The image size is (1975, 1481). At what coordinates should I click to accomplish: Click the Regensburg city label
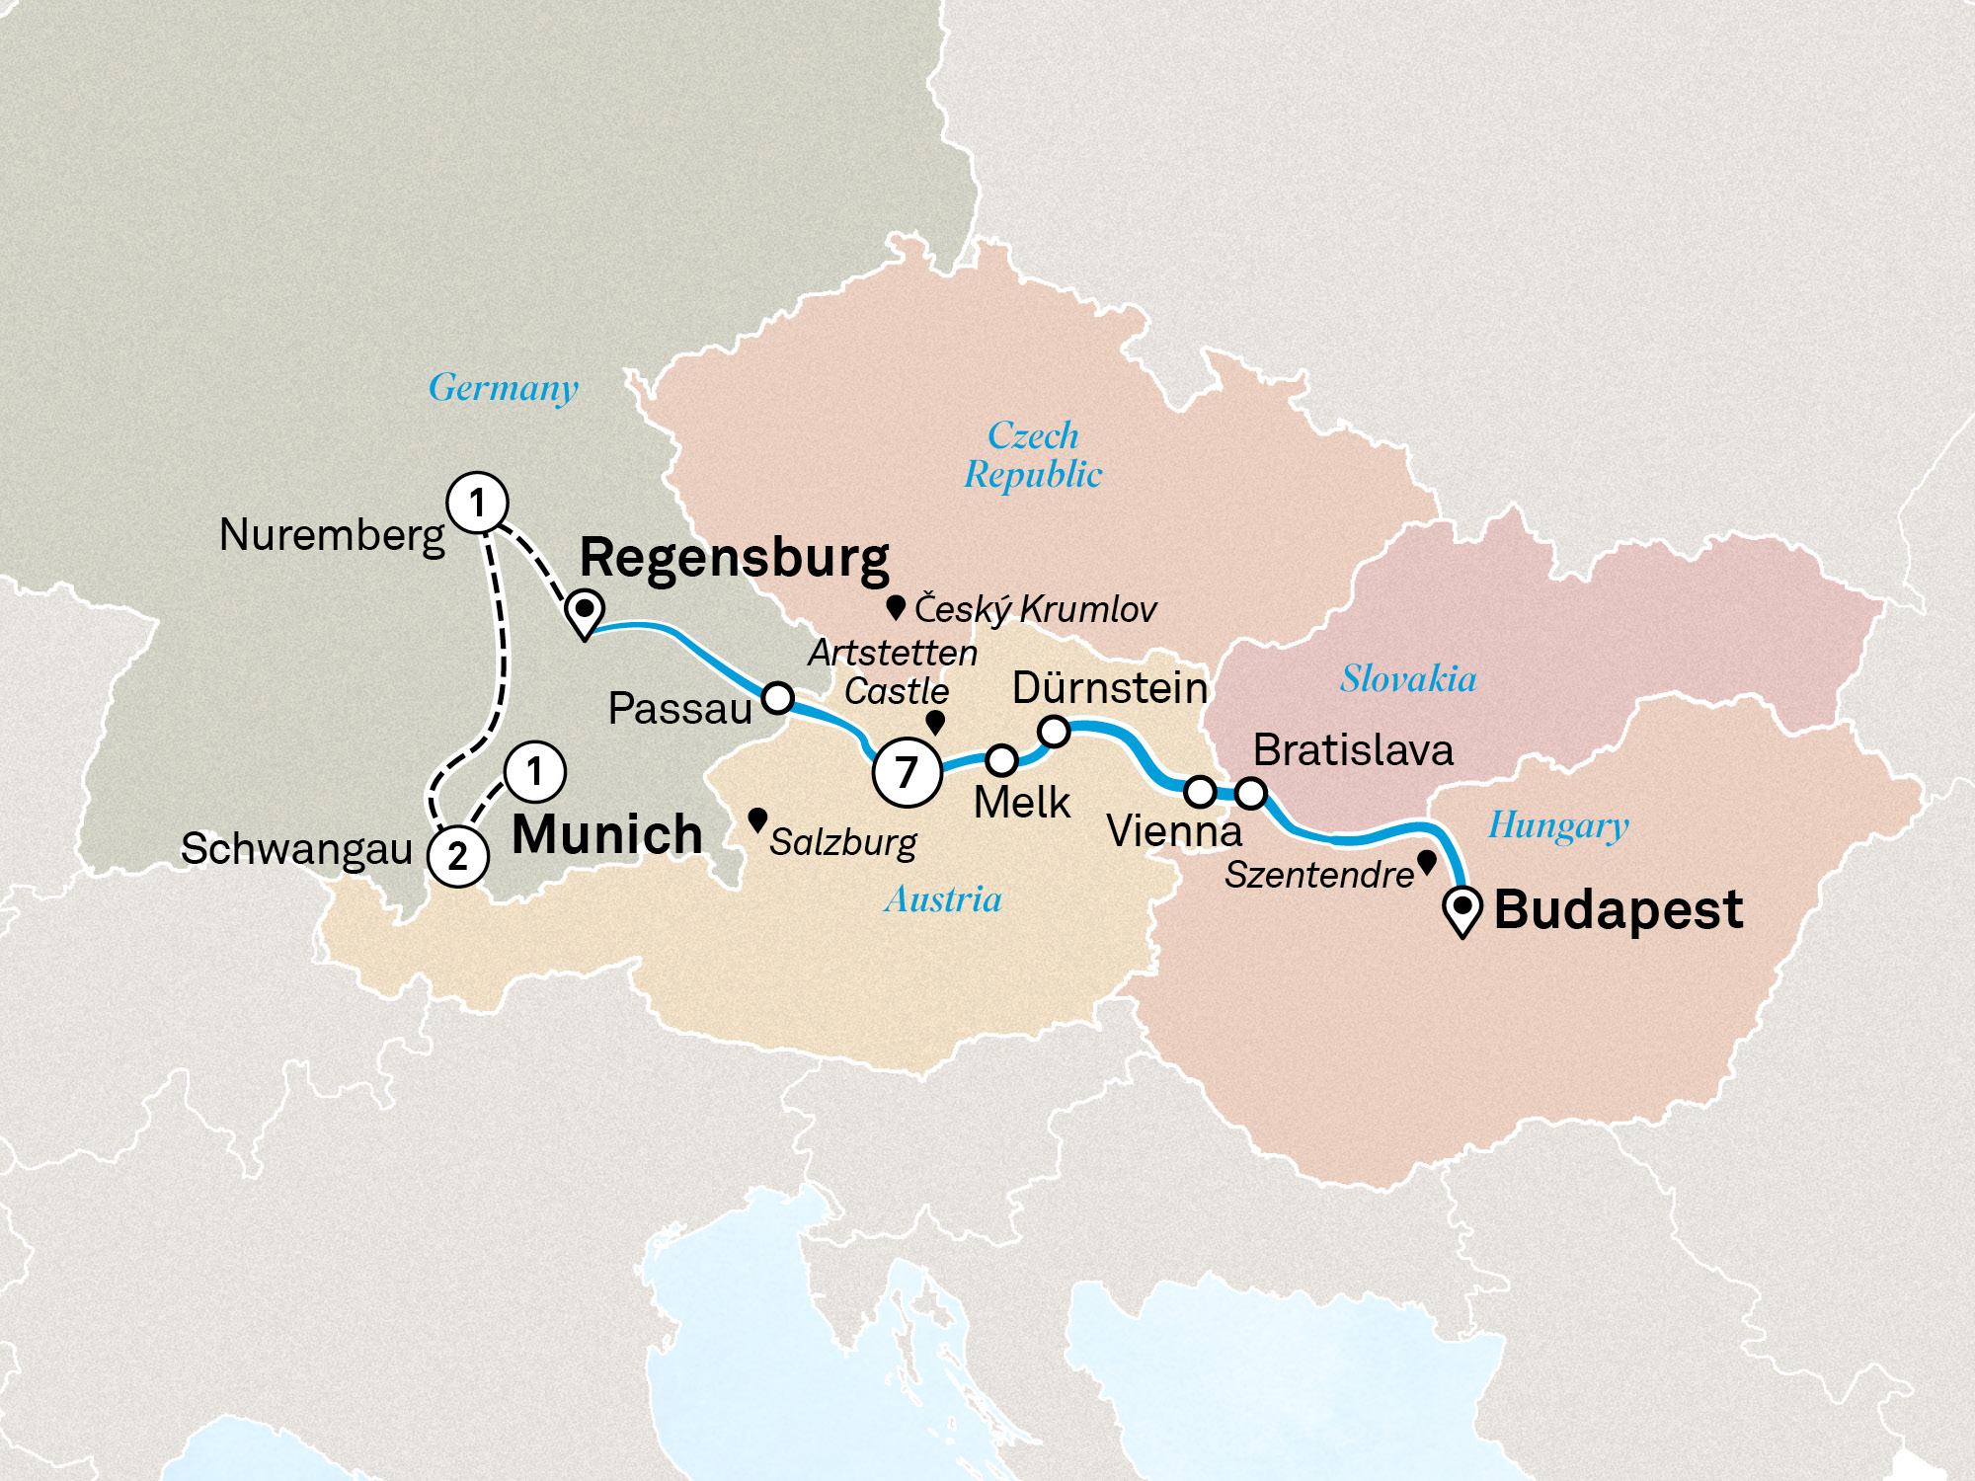(x=734, y=559)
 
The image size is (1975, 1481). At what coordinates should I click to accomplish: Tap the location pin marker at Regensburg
(x=585, y=610)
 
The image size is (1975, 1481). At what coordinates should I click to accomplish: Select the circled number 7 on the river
(x=907, y=772)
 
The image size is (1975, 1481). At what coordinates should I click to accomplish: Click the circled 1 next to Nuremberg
(x=478, y=503)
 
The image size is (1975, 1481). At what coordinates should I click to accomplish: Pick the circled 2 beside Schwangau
(x=457, y=856)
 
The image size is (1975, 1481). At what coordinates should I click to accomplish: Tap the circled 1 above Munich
(x=534, y=771)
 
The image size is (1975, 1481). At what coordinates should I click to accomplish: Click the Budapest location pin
(x=1462, y=908)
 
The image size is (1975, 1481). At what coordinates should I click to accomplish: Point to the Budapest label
(x=1618, y=909)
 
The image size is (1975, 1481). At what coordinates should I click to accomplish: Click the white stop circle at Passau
(x=778, y=698)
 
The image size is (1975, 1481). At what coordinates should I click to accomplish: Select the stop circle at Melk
(x=1001, y=759)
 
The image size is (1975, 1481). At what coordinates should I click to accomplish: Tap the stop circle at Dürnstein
(x=1054, y=732)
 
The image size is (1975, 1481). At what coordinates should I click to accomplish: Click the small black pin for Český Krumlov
(x=896, y=605)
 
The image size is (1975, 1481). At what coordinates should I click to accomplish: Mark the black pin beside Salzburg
(x=757, y=818)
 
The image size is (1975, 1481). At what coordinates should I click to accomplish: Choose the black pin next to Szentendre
(x=1426, y=861)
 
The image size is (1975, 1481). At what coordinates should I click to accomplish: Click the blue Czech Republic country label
(x=1033, y=455)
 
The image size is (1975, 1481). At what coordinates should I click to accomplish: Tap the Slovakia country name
(x=1408, y=679)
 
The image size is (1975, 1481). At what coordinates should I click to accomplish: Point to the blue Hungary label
(x=1558, y=825)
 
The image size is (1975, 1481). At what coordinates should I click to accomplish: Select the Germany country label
(x=504, y=388)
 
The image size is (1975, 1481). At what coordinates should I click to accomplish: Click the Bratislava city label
(x=1353, y=750)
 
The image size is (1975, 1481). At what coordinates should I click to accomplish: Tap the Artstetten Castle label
(x=894, y=671)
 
